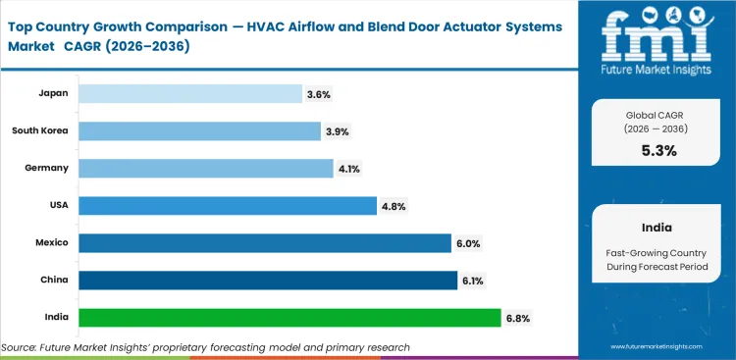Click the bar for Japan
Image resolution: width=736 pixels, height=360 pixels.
point(189,93)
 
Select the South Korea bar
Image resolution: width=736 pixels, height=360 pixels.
point(199,130)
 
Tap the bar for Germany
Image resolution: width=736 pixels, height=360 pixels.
point(205,168)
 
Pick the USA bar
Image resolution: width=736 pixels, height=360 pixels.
point(227,205)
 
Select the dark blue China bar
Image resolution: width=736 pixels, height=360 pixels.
point(267,280)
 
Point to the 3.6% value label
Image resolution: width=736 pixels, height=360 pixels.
point(318,94)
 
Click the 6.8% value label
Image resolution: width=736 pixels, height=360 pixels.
point(517,318)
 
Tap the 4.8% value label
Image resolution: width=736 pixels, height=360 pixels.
point(394,206)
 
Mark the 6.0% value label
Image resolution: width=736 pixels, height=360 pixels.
point(467,243)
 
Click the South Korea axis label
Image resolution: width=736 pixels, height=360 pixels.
point(40,130)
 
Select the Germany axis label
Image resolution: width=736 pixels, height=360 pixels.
point(47,168)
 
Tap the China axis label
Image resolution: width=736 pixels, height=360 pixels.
point(55,280)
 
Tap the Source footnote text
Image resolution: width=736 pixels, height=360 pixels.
point(205,347)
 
